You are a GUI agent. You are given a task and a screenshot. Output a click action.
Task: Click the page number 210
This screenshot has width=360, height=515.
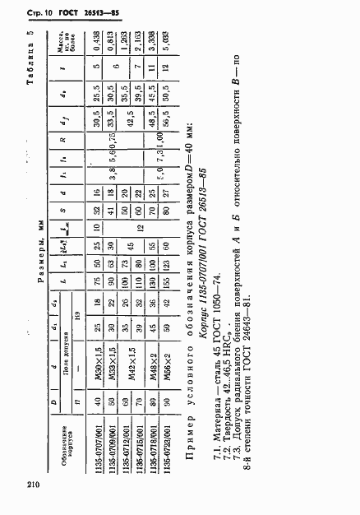[32, 484]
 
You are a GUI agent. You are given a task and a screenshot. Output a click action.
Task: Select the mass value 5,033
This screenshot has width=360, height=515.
[164, 66]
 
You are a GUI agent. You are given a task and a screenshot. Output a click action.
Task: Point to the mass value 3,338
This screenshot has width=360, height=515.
[149, 66]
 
